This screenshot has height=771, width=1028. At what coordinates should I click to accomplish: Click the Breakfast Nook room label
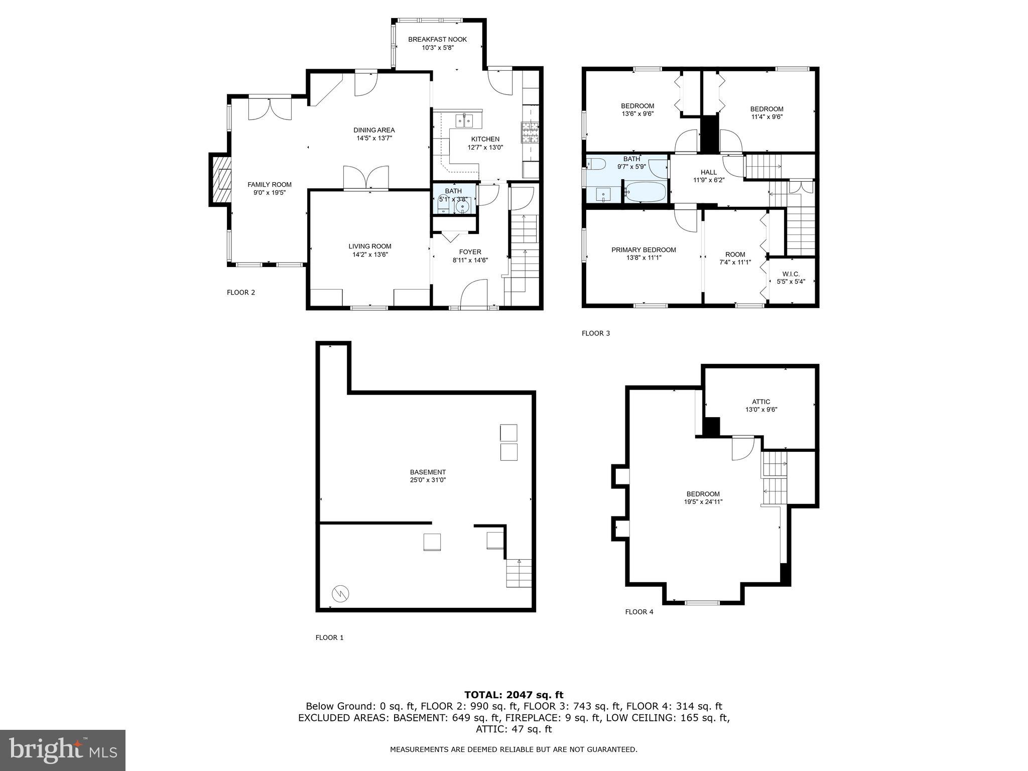pos(437,39)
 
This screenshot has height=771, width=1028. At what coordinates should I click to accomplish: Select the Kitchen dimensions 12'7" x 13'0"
pos(485,148)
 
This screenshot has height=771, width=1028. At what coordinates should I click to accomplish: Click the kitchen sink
pos(465,121)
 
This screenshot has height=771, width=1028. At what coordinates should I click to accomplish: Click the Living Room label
pos(370,246)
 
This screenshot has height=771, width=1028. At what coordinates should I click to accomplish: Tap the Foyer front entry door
pos(474,294)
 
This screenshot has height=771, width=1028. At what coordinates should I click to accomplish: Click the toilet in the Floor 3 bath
pos(595,164)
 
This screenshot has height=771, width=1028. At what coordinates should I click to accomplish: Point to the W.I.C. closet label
pos(791,274)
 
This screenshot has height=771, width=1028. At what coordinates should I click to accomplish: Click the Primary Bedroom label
pos(644,250)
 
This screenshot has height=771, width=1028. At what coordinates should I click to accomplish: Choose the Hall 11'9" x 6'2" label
pos(708,176)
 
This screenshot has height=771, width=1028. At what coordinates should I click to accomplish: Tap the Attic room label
pos(761,402)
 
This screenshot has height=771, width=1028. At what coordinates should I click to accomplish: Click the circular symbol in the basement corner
pos(340,594)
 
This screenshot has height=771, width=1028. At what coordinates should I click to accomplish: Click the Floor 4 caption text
pos(639,612)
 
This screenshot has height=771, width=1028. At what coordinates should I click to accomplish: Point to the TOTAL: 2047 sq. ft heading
pos(513,695)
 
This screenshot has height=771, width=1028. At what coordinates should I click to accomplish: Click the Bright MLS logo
pos(63,750)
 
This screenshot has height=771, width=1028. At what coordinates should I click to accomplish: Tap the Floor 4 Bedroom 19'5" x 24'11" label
pos(703,497)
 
